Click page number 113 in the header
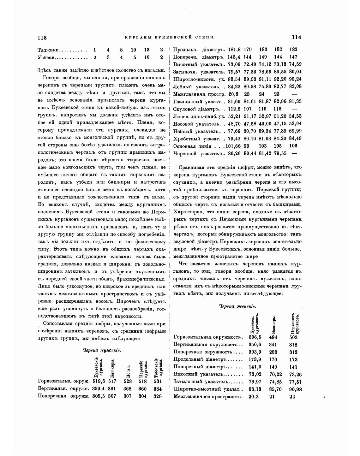tap(42, 37)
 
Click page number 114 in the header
tap(297, 37)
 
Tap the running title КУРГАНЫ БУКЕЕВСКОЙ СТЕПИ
tap(170, 38)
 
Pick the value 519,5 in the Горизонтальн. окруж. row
tap(99, 381)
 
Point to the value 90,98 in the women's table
tap(295, 389)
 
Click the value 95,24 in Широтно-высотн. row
tap(295, 79)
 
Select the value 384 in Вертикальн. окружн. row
tap(158, 389)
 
